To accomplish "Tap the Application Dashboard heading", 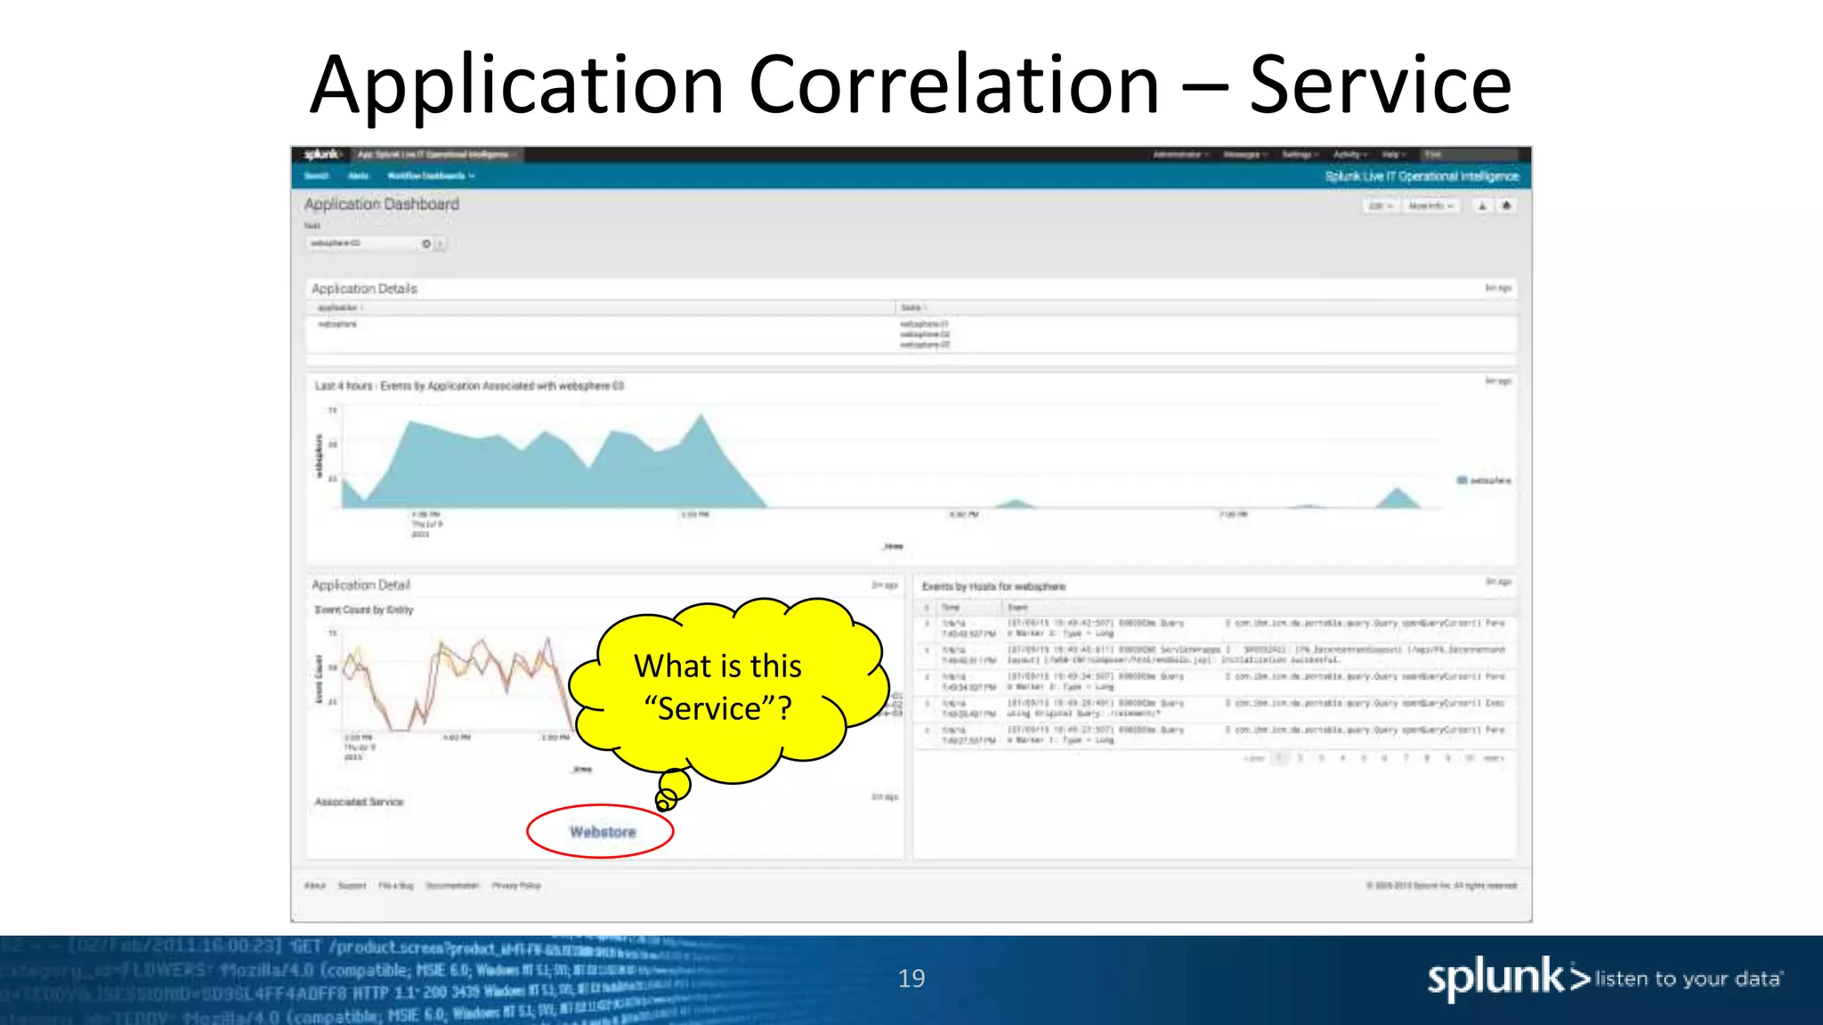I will (382, 205).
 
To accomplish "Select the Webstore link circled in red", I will (603, 832).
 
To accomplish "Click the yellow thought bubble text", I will (717, 687).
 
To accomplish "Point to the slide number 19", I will (911, 979).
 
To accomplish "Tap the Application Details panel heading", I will (364, 289).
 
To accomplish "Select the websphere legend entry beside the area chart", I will (1484, 480).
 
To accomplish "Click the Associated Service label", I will (359, 802).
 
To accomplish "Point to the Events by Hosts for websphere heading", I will (993, 586).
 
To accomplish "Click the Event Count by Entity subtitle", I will (364, 610).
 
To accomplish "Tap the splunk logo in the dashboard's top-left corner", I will (321, 155).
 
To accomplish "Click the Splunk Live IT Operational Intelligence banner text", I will (1422, 176).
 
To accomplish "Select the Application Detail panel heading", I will (361, 585).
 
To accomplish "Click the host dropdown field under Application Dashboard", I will (365, 244).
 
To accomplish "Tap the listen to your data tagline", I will (1688, 980).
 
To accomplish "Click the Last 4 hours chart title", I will (469, 386).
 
